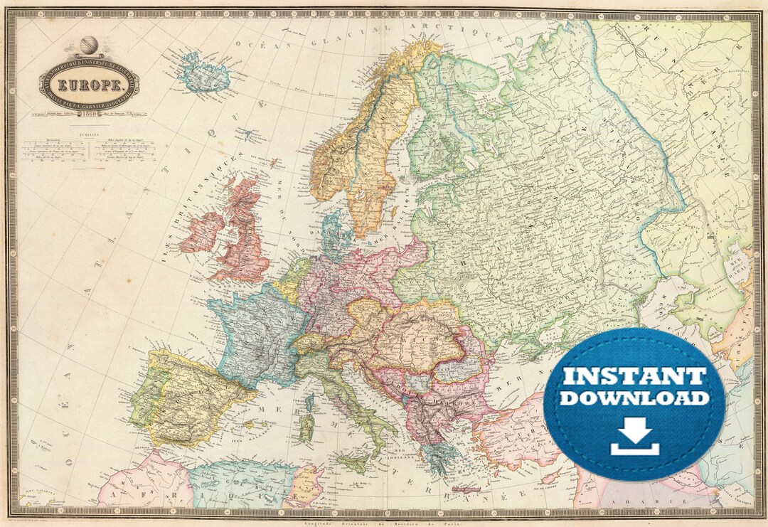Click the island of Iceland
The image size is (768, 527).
[x=203, y=71]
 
